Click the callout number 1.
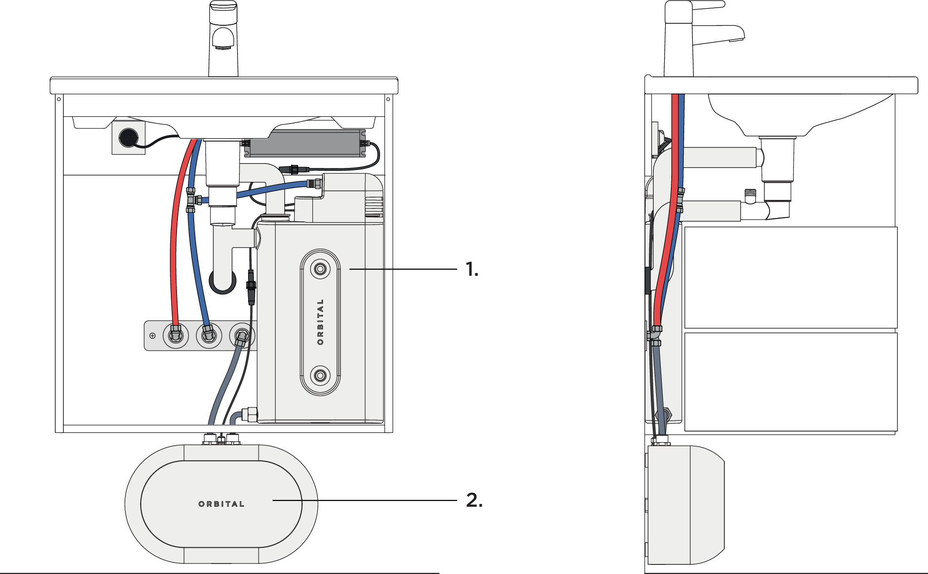tap(471, 270)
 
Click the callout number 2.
tap(474, 500)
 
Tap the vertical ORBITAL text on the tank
tap(320, 322)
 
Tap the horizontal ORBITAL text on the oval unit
tap(221, 504)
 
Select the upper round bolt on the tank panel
tap(320, 269)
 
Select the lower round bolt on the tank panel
tap(320, 376)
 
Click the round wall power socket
tap(128, 137)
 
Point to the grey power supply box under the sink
tap(305, 143)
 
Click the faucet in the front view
tap(223, 38)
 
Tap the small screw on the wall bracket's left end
tap(153, 335)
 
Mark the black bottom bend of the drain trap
tap(223, 285)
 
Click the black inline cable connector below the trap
tap(251, 286)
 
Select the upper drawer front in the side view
tap(791, 277)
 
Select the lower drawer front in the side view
tap(791, 382)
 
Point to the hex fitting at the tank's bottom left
tap(250, 414)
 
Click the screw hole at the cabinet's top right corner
tap(388, 99)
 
